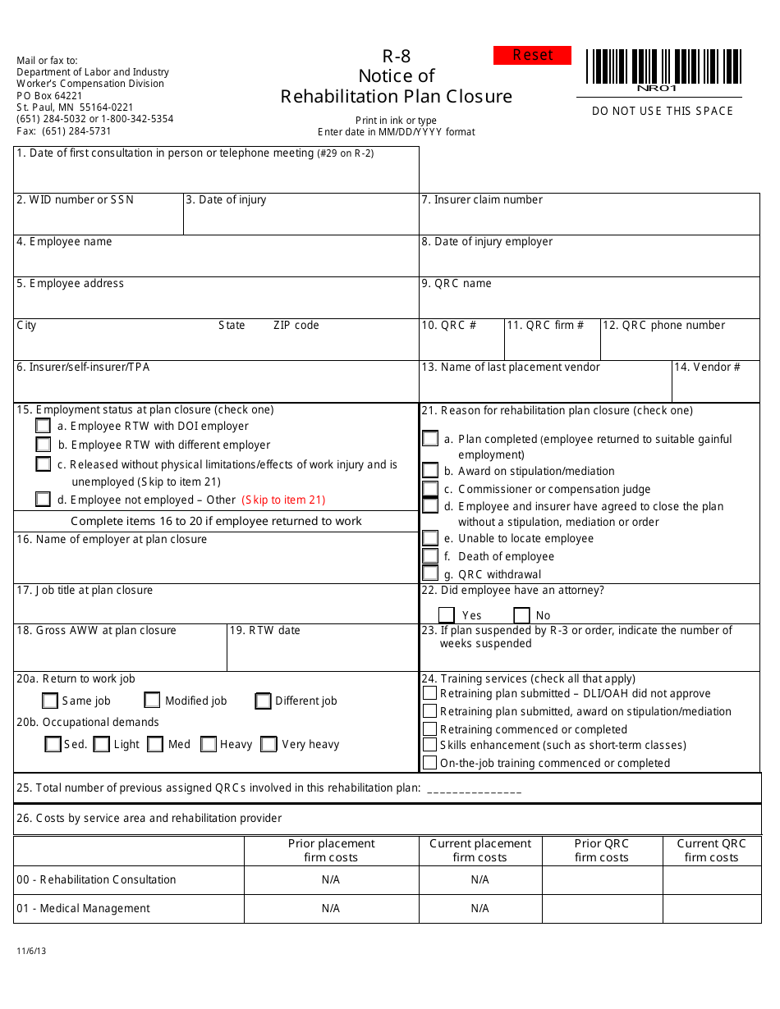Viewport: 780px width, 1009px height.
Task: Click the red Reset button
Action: tap(532, 55)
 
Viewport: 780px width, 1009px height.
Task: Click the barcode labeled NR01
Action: tap(663, 67)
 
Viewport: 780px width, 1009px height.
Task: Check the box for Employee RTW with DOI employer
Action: tap(44, 426)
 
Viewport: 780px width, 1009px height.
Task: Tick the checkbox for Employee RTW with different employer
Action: tap(44, 445)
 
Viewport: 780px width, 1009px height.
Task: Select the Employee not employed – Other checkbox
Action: tap(44, 500)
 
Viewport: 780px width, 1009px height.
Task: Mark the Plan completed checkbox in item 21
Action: tap(430, 439)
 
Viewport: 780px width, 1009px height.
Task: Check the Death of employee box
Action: tap(430, 556)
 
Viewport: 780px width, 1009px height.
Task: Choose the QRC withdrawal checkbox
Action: tap(430, 574)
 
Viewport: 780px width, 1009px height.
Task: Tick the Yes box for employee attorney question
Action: tap(447, 615)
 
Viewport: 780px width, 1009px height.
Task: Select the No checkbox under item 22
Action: tap(521, 615)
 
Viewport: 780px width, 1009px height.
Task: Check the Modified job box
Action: tap(152, 701)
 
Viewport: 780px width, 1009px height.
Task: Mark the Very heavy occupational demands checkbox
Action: tap(268, 744)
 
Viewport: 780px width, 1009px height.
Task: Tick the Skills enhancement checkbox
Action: tap(429, 745)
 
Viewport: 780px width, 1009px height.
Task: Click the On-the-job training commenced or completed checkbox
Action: tap(429, 763)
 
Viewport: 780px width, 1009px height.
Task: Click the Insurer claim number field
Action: tap(589, 220)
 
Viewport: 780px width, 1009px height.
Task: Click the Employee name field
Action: tap(216, 261)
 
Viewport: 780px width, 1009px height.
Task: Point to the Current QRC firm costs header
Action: tap(711, 851)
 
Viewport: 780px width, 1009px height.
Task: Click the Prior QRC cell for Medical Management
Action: tap(602, 909)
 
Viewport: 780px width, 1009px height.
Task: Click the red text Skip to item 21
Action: tap(283, 500)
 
